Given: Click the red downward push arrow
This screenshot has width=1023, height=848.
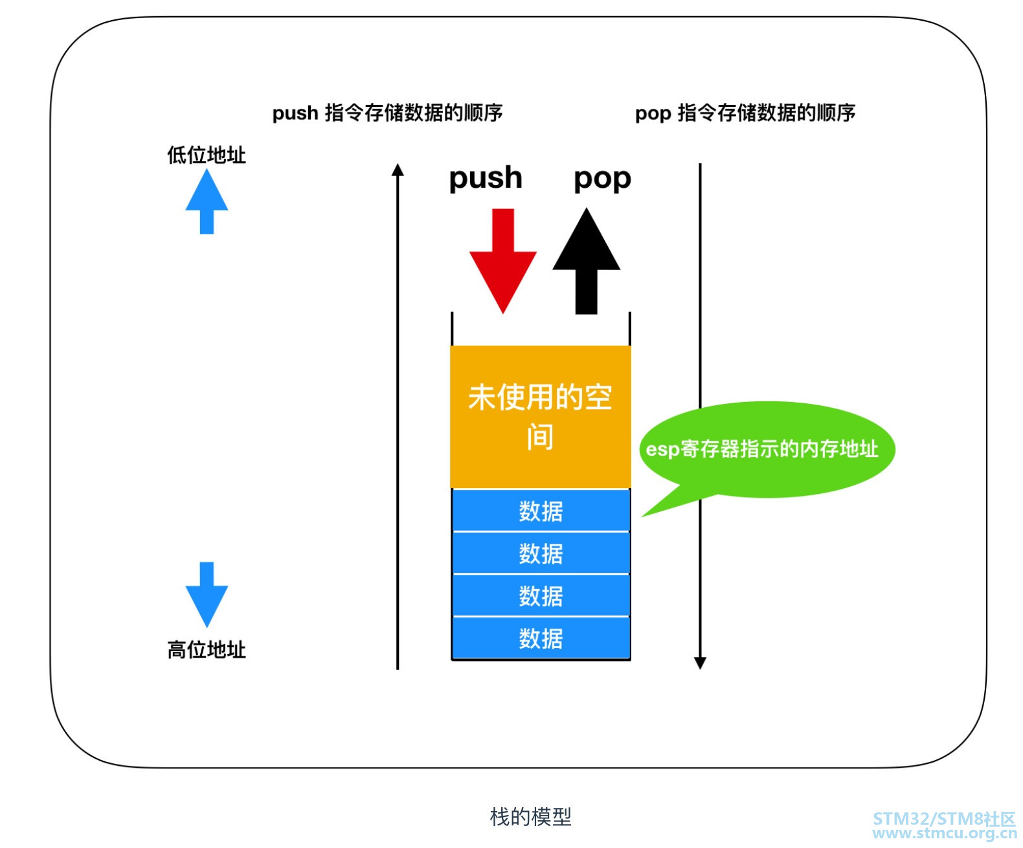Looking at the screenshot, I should (x=502, y=259).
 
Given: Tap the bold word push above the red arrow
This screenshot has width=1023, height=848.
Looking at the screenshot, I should (x=486, y=177).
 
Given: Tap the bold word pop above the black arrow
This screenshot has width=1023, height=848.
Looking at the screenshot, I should (x=602, y=177).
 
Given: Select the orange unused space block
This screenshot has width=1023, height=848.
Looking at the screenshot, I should (x=540, y=416).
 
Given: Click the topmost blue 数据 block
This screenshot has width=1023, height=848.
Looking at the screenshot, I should (x=541, y=511).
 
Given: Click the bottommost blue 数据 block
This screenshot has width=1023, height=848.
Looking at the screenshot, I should (x=541, y=638).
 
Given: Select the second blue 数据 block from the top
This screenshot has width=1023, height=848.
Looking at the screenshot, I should (x=541, y=553).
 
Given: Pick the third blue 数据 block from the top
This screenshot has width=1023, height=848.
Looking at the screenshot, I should (x=541, y=596).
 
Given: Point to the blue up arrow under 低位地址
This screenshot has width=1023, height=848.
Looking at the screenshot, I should (x=207, y=201).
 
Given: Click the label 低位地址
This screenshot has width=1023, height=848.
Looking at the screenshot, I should (x=207, y=155).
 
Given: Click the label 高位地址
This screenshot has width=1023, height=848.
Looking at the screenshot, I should (x=207, y=649).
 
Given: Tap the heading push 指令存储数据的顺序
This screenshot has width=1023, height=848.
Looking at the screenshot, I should (x=387, y=113).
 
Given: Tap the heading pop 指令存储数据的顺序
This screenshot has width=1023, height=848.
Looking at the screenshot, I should (x=745, y=113).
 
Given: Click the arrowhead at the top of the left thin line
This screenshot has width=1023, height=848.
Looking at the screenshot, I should (x=398, y=170).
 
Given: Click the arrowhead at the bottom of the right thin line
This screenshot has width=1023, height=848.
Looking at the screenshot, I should (x=700, y=663).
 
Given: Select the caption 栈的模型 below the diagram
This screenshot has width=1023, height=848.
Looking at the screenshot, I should (x=530, y=817).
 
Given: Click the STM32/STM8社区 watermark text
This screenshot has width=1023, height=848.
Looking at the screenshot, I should (x=944, y=819).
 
